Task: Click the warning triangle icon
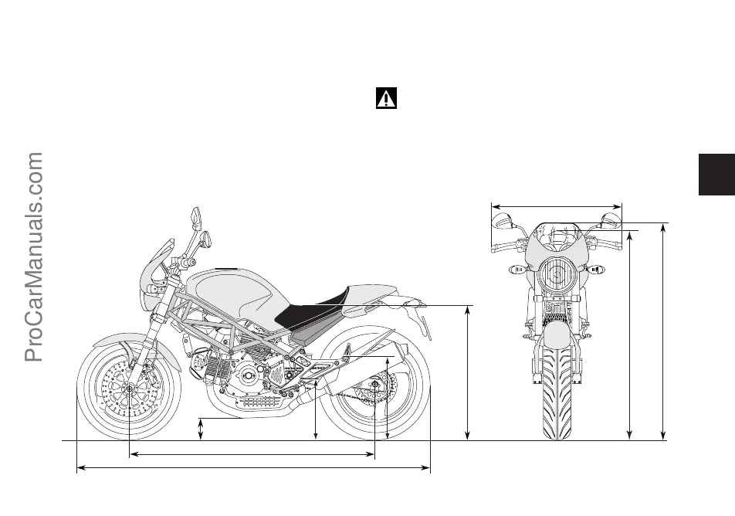(x=385, y=99)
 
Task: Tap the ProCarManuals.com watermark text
(x=34, y=256)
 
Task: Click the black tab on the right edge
(x=716, y=175)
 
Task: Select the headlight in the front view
(x=555, y=274)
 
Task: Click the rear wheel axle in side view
(x=374, y=384)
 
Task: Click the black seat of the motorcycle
(x=309, y=314)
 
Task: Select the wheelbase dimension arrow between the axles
(x=252, y=454)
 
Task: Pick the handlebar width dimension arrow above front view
(x=557, y=205)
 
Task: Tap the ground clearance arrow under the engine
(x=201, y=429)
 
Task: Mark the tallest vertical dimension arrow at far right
(x=663, y=332)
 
